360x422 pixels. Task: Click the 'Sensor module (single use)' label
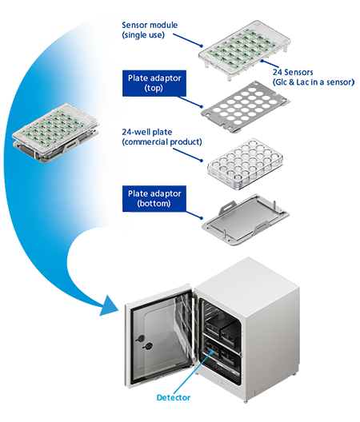[150, 30]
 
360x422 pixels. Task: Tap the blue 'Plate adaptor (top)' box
[154, 83]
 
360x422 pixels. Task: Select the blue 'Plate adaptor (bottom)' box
[154, 199]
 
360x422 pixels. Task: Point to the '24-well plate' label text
[147, 132]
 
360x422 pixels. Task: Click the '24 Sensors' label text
[293, 72]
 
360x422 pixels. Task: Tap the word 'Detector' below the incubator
[174, 397]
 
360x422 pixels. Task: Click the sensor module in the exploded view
[245, 50]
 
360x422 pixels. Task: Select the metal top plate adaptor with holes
[246, 107]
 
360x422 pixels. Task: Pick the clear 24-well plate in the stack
[246, 164]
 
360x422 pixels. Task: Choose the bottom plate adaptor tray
[246, 219]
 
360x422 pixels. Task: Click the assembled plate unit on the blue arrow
[55, 133]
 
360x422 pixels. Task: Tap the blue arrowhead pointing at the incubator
[110, 306]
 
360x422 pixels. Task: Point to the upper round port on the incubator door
[140, 338]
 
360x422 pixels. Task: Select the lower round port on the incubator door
[148, 346]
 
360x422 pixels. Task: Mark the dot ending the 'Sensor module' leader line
[202, 46]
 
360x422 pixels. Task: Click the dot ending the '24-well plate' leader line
[202, 161]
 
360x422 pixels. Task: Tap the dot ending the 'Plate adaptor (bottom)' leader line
[202, 217]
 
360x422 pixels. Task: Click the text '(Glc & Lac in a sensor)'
[314, 82]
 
